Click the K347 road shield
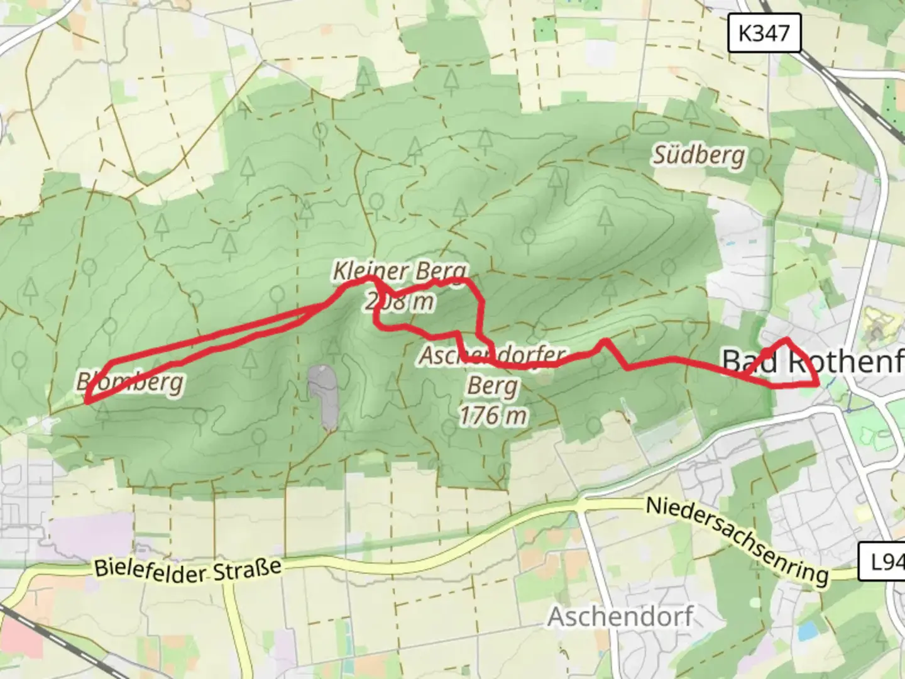point(764,33)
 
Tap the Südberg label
point(699,155)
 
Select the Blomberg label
point(130,381)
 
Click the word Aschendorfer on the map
point(493,356)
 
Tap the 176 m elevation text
point(493,416)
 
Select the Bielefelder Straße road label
point(187,568)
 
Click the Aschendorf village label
point(620,617)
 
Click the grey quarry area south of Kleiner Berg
point(324,396)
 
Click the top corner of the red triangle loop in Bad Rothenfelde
point(787,340)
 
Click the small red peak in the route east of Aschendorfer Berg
point(604,341)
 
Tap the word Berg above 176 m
point(493,386)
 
